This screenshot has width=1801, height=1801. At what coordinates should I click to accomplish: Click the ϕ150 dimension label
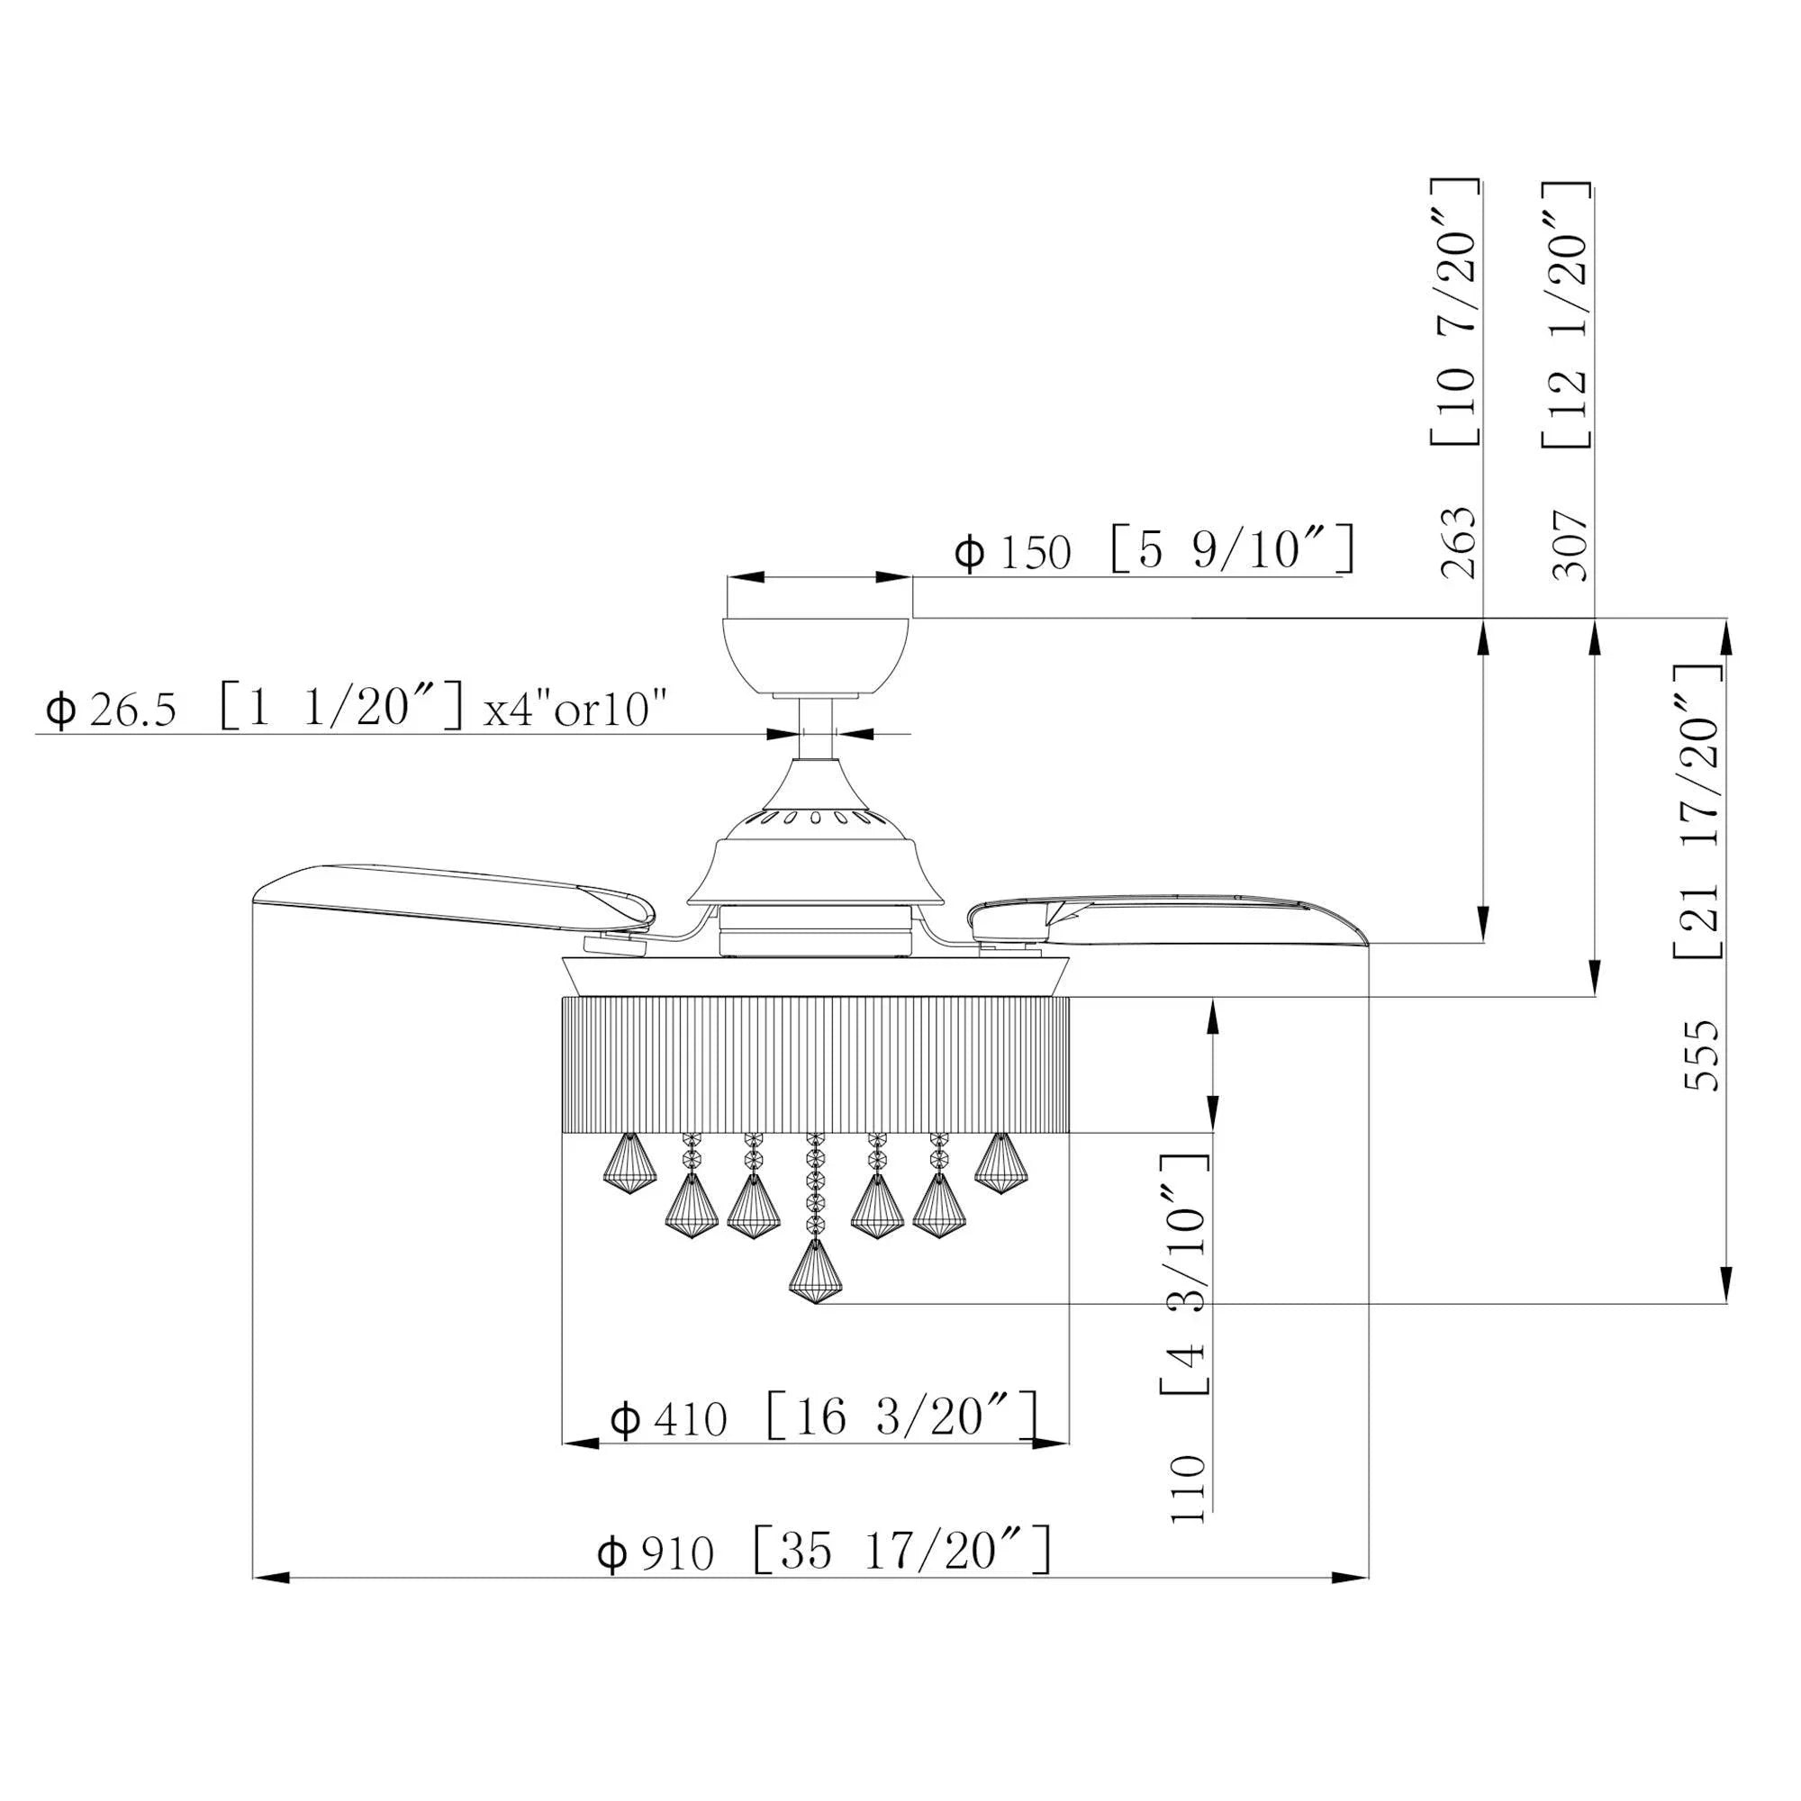coord(1013,554)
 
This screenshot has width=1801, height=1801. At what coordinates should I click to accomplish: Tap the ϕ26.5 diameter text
coord(110,711)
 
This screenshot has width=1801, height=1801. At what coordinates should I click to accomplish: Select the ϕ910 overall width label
coord(656,1554)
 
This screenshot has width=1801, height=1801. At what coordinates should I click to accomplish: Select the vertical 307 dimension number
coord(1570,546)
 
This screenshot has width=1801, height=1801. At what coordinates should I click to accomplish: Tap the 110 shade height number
coord(1189,1489)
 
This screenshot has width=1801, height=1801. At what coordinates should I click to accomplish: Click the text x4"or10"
coord(575,710)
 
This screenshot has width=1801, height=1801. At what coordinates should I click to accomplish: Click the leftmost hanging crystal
coord(630,1165)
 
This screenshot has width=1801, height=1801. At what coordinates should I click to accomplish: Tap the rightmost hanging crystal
coord(1000,1164)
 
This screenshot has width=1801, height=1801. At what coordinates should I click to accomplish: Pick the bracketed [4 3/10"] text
coord(1186,1288)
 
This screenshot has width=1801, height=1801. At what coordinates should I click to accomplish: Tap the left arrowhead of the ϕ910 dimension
coord(270,1579)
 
